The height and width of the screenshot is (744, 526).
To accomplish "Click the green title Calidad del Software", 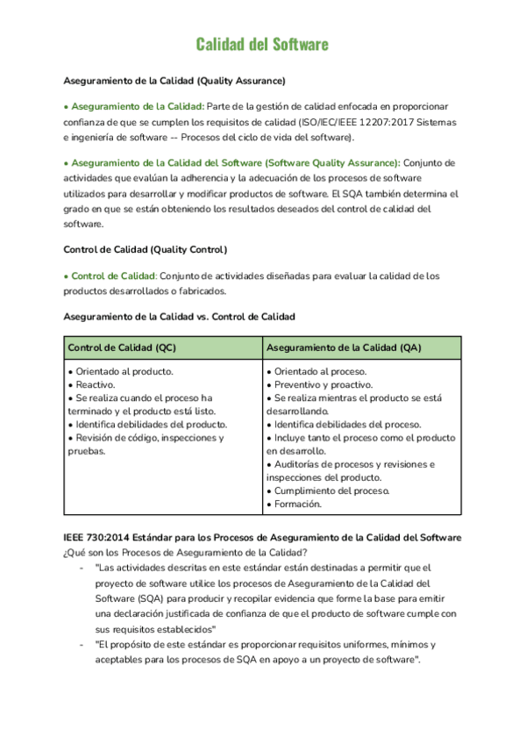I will coord(262,44).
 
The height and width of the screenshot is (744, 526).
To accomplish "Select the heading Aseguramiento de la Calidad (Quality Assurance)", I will coord(174,81).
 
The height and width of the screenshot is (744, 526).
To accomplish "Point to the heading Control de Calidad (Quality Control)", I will coord(145,249).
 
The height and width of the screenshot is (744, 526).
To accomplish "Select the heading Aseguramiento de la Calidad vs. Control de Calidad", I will coord(180,316).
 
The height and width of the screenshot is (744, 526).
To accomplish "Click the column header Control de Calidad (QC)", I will coord(122,347).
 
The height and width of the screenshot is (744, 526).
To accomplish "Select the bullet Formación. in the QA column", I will coord(298,504).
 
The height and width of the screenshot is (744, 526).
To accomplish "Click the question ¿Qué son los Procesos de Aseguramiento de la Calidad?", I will coord(185,551).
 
